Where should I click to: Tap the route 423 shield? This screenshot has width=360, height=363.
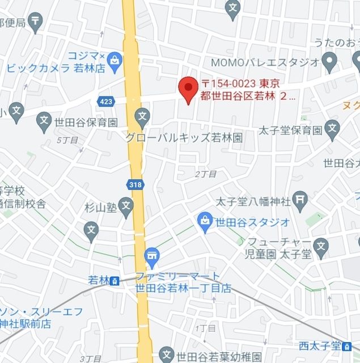pyautogui.click(x=105, y=101)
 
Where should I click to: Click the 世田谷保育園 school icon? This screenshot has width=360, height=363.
pyautogui.click(x=44, y=120)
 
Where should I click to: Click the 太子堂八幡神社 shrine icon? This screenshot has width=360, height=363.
pyautogui.click(x=301, y=200)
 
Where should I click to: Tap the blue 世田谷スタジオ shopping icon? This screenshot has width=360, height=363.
pyautogui.click(x=205, y=222)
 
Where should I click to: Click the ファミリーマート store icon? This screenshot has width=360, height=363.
pyautogui.click(x=151, y=256)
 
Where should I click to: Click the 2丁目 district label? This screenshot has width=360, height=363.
pyautogui.click(x=206, y=174)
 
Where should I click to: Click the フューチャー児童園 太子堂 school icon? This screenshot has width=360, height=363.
pyautogui.click(x=321, y=246)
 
